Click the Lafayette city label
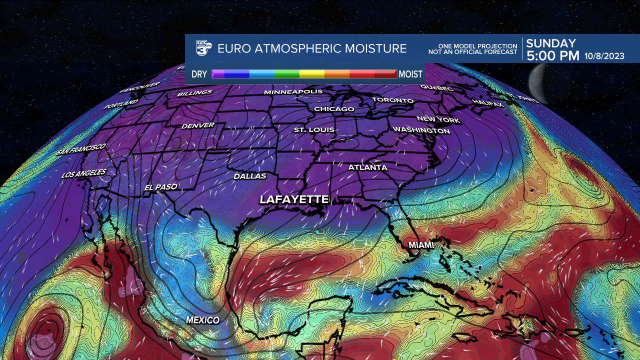click(x=294, y=199)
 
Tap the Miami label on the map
click(x=421, y=245)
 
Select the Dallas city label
click(x=250, y=176)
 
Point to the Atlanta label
click(x=368, y=167)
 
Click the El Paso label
click(x=161, y=187)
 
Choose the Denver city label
click(x=198, y=125)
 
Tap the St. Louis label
click(x=314, y=130)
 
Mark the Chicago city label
click(x=334, y=109)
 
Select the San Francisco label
click(x=81, y=149)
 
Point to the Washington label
click(x=421, y=130)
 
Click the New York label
click(x=438, y=119)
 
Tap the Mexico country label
click(x=202, y=320)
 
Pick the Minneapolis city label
click(x=293, y=92)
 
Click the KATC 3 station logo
click(x=204, y=48)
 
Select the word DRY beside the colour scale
click(x=199, y=74)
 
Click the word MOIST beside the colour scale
click(x=411, y=74)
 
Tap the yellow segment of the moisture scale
click(x=311, y=74)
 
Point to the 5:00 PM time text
click(x=552, y=56)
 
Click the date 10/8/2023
click(x=604, y=56)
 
